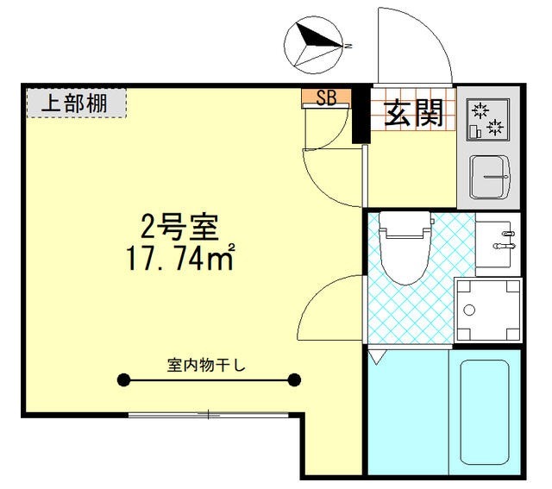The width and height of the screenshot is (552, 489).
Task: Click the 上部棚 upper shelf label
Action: point(74,103)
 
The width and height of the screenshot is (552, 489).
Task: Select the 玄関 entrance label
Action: point(413,113)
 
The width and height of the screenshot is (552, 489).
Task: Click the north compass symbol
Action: point(313,45)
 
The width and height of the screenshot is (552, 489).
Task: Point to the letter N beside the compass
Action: point(348,46)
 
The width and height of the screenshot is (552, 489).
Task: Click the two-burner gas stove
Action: point(488,120)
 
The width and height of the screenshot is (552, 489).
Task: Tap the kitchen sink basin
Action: point(490,177)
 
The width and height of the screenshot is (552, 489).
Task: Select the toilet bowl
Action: point(405,248)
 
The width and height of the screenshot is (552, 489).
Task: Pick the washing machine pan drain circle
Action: point(469,310)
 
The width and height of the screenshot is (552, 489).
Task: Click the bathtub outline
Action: point(484,412)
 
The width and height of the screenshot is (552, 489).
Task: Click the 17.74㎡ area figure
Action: point(180,259)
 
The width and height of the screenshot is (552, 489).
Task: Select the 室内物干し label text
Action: point(206,366)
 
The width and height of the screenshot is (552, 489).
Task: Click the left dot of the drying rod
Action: point(123,379)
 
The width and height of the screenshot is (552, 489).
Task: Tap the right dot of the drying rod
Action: point(294,379)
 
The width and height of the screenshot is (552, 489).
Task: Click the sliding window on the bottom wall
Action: point(209,415)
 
